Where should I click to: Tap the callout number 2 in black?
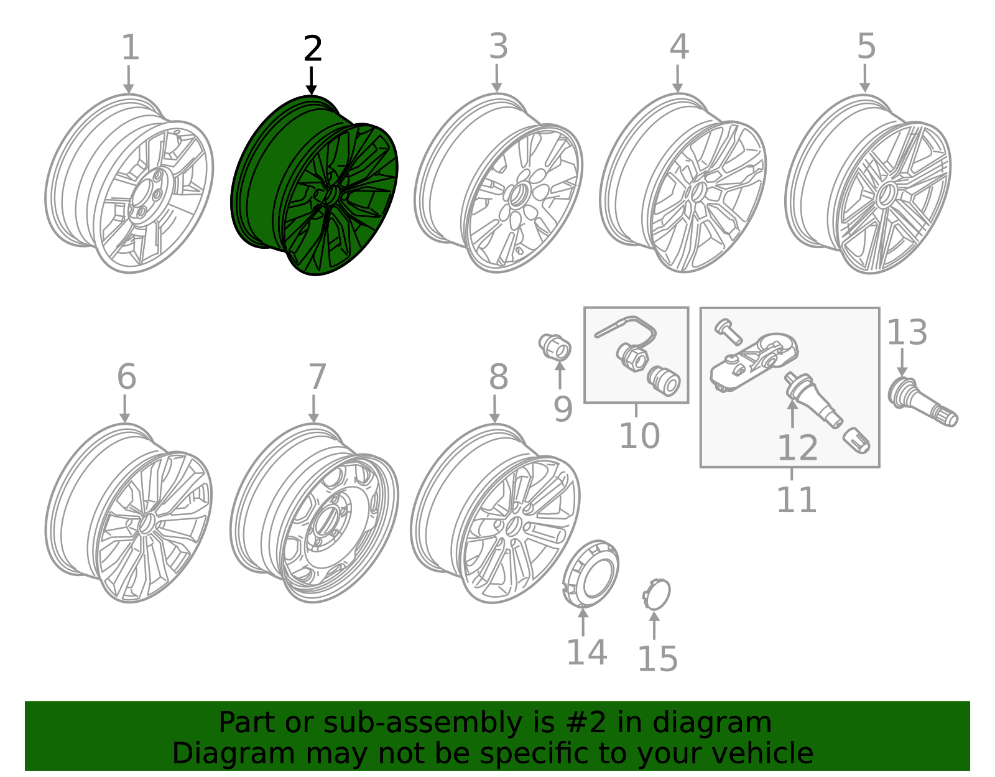click(x=313, y=49)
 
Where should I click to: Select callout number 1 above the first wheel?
click(x=129, y=48)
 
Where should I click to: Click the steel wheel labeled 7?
click(x=314, y=513)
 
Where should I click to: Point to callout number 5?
click(x=866, y=47)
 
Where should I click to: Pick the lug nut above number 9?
click(x=555, y=346)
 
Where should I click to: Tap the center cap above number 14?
click(x=591, y=572)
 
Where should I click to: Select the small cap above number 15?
click(x=657, y=594)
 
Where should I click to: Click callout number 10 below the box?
click(x=639, y=435)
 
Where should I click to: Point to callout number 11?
click(x=796, y=500)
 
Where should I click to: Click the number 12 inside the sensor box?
click(x=797, y=448)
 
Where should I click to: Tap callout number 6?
click(x=126, y=377)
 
